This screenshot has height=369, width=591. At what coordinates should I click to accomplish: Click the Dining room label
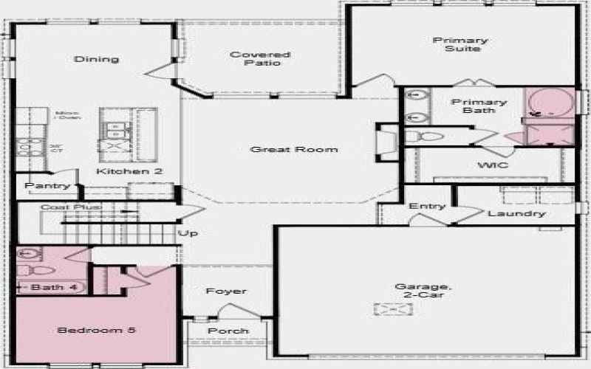tap(97, 59)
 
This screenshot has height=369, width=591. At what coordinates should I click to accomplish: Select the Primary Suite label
tap(460, 44)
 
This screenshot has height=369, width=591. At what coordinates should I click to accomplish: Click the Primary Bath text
tap(479, 106)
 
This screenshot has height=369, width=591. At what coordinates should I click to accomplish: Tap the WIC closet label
tap(493, 165)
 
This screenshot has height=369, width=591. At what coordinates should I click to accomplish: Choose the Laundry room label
tap(516, 213)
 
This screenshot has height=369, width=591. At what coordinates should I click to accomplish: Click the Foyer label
tap(226, 291)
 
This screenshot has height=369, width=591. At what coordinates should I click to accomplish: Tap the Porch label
tap(228, 331)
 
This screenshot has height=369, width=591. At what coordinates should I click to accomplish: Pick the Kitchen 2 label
tap(129, 171)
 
